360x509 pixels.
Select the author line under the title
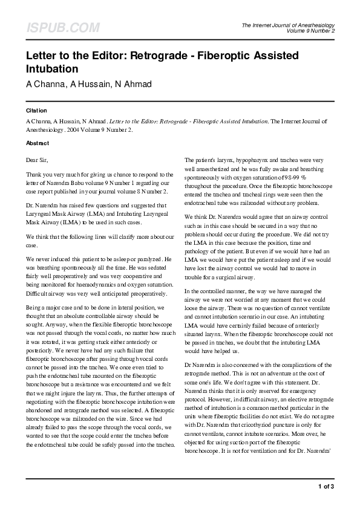pos(88,83)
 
